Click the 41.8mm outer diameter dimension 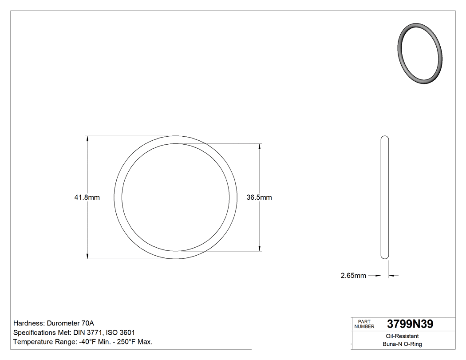pos(87,198)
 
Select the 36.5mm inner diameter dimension pos(259,198)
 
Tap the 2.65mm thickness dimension pos(353,276)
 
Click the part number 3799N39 pos(410,324)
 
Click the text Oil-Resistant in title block pos(400,336)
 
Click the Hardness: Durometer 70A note pos(54,323)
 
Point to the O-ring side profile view pos(385,197)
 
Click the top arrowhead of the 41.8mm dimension pos(87,139)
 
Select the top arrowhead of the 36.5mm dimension pos(260,146)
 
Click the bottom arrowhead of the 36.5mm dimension pos(260,248)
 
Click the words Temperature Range pos(39,342)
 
